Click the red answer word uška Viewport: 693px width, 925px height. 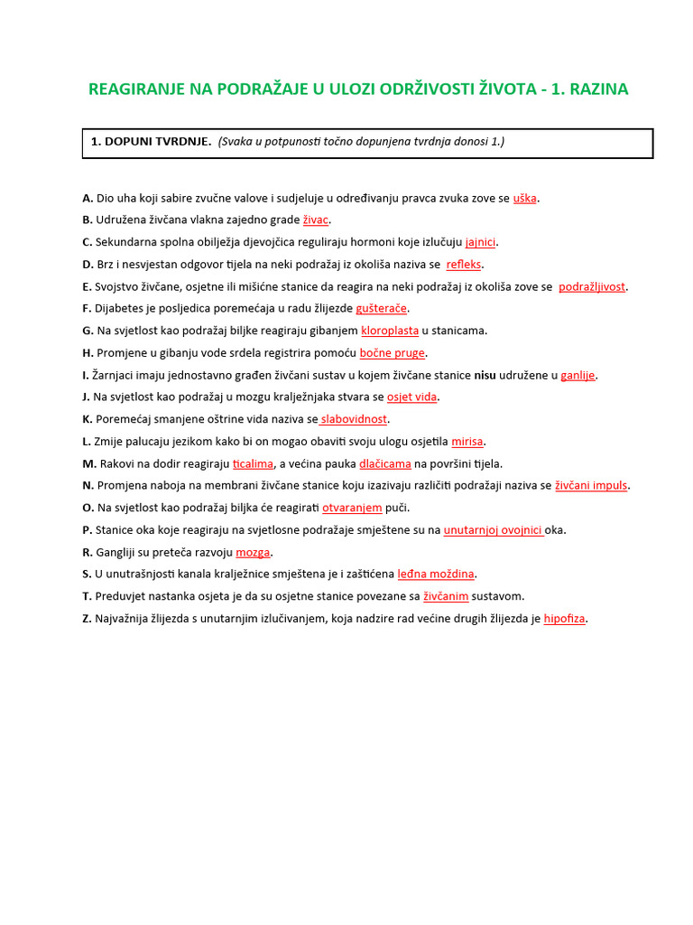(x=525, y=198)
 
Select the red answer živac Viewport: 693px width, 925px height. (x=317, y=220)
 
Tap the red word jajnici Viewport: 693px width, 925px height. (x=481, y=242)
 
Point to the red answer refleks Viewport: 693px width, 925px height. (x=465, y=265)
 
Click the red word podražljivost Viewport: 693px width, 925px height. (x=592, y=286)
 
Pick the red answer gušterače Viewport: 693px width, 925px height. (x=382, y=309)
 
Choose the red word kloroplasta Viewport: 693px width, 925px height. (x=390, y=331)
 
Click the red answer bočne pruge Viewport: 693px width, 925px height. (x=393, y=353)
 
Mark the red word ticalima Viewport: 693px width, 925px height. (x=253, y=463)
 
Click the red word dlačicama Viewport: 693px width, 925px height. (x=385, y=463)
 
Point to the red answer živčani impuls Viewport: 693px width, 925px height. (x=591, y=485)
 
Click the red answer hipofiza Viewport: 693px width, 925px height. (x=565, y=619)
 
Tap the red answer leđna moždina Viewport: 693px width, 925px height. (x=436, y=574)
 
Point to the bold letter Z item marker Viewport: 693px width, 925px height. (x=87, y=619)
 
